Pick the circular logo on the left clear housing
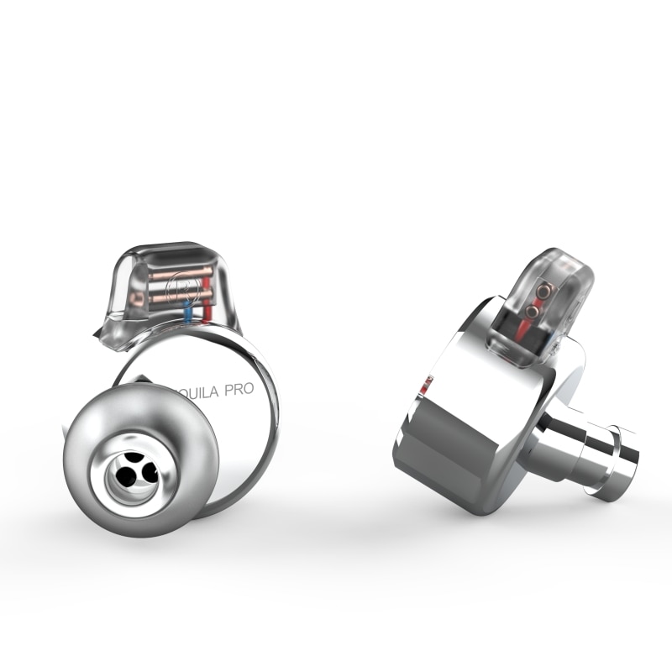tap(180, 288)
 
